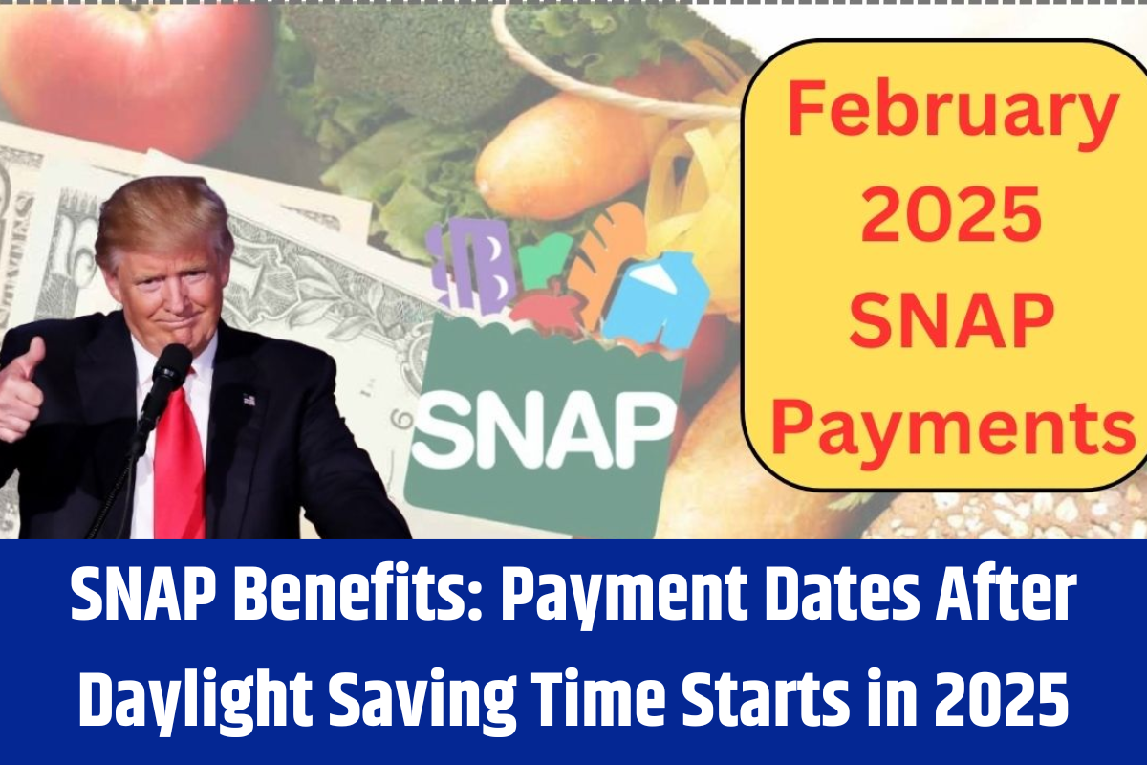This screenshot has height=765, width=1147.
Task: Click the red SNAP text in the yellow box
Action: point(951,317)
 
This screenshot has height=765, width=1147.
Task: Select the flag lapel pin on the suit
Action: point(249,399)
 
